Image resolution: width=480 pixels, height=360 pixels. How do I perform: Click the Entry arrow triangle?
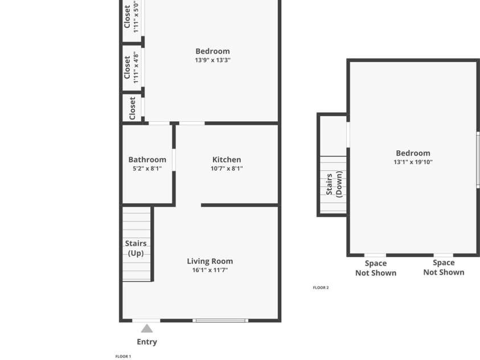coord(147,329)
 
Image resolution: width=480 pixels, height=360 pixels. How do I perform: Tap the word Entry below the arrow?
coord(147,342)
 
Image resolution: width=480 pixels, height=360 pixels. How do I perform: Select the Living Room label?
coord(210,261)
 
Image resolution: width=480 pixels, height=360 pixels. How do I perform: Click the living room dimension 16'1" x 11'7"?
coord(210,271)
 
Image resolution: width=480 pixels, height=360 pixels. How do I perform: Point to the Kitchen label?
coord(227,159)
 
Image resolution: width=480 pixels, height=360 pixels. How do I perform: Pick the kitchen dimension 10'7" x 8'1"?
coord(227,169)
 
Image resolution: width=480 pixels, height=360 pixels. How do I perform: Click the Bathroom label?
coord(147,159)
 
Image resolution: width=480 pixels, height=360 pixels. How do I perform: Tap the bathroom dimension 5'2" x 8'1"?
coord(147,169)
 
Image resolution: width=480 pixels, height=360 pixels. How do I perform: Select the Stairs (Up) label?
coord(136,248)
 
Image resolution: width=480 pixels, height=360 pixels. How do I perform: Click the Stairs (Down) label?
coord(334,184)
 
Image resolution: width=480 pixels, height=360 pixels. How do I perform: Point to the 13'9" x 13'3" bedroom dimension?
coord(212,60)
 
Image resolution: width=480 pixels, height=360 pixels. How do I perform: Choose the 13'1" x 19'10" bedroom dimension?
coord(413,162)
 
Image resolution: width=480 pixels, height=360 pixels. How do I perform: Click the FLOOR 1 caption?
coord(123,357)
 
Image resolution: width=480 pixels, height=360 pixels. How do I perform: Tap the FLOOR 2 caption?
coord(321,288)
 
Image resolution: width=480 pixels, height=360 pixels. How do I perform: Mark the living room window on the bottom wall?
coord(220,321)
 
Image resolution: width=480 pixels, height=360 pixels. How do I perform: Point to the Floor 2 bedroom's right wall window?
coord(478,159)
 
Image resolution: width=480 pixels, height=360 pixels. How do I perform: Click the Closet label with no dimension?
coord(132,108)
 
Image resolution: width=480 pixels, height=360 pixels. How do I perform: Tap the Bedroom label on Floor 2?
coord(413,153)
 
